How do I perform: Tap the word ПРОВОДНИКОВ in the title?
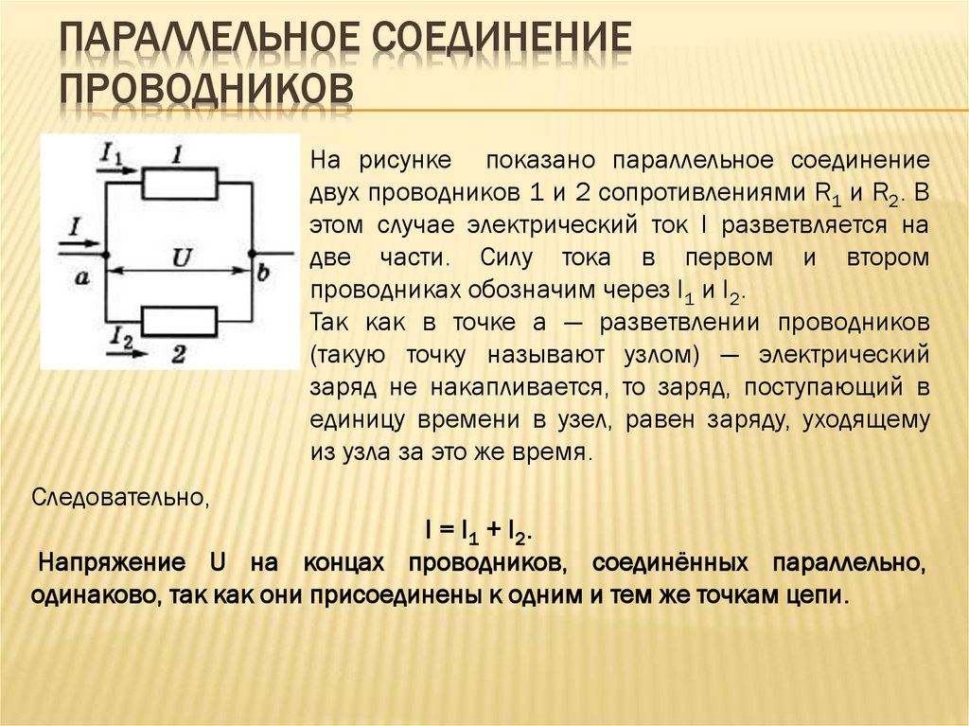tap(207, 90)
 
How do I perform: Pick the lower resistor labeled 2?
tap(179, 320)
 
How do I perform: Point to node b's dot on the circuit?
tap(253, 255)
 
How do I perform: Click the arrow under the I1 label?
tap(117, 171)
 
